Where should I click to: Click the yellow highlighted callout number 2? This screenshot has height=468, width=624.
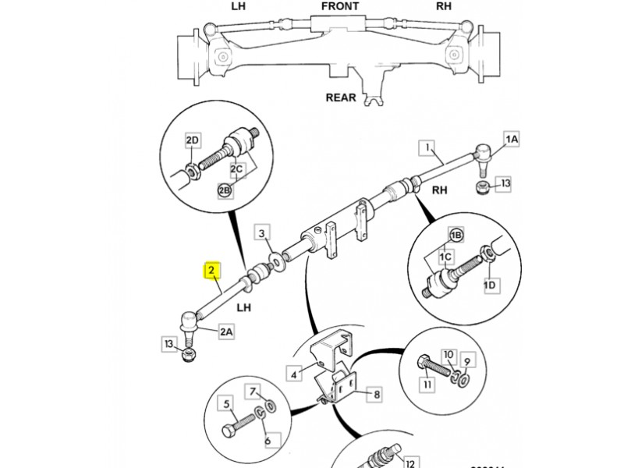point(211,271)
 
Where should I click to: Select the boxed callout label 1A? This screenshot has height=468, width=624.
point(512,140)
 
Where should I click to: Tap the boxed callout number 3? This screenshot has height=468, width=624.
point(263,233)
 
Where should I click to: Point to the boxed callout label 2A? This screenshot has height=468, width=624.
point(225,332)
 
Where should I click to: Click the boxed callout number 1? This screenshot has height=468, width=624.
point(427,147)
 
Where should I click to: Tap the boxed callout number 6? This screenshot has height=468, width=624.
point(267,441)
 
